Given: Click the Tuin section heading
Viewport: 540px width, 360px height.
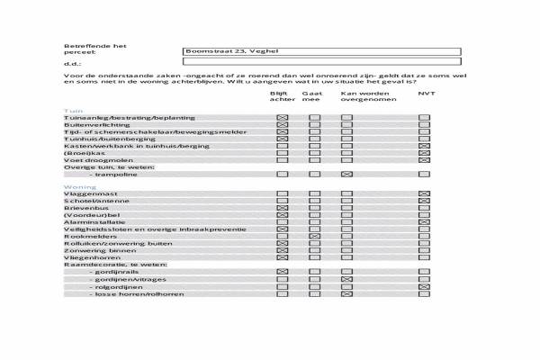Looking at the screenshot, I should [71, 110].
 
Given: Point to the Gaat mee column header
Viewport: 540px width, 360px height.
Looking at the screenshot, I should [312, 96].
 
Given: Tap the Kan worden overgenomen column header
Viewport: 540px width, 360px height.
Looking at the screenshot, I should [359, 96].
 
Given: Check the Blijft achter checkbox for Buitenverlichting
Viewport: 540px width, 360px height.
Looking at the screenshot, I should [283, 125].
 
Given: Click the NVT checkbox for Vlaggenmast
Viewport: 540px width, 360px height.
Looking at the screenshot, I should [425, 194].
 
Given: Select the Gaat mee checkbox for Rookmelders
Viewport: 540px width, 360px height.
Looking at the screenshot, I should [314, 236].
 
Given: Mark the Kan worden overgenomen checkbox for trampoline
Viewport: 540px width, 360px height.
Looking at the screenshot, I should [346, 174].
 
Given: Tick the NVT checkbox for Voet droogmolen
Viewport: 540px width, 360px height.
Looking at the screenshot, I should [425, 159].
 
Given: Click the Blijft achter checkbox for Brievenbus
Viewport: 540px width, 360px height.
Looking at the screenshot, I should [283, 209].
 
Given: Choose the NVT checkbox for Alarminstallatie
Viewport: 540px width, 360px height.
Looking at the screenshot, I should [425, 221].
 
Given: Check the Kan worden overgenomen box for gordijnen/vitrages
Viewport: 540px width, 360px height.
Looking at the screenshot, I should [346, 279].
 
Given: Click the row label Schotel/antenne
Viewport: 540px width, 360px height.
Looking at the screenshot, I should [91, 202].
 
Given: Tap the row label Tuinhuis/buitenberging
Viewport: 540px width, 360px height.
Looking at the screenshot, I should [103, 139].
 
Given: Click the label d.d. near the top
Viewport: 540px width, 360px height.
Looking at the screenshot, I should [73, 64].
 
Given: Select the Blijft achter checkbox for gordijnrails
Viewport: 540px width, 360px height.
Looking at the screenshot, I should [283, 271].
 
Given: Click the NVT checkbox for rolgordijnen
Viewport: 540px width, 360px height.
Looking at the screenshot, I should [425, 287].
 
